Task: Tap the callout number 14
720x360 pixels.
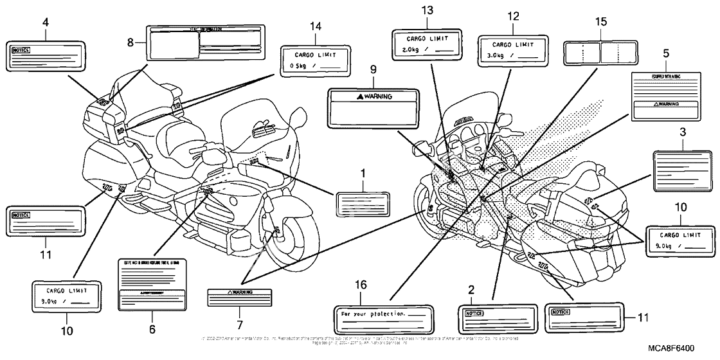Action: [314, 27]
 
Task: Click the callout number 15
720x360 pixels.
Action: [600, 22]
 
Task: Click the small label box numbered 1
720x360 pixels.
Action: [363, 204]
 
